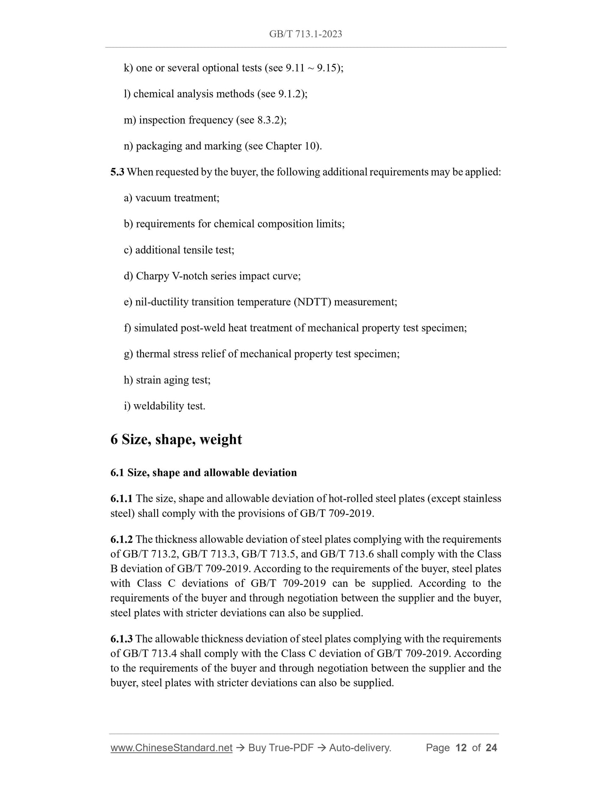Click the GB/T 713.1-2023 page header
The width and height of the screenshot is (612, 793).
(305, 34)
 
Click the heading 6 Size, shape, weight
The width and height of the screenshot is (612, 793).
(176, 439)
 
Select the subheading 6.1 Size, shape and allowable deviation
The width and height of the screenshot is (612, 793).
(203, 472)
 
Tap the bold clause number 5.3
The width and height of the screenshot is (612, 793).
(117, 172)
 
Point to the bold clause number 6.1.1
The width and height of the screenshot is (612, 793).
(121, 499)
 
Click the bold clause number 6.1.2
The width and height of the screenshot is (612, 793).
(121, 539)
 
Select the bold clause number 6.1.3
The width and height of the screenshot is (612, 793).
(121, 639)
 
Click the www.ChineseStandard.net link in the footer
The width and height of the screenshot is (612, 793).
(171, 748)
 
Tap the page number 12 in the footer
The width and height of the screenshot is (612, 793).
(461, 748)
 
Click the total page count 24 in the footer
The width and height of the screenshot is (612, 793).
(491, 748)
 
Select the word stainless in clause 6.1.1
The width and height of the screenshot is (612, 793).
(482, 499)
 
